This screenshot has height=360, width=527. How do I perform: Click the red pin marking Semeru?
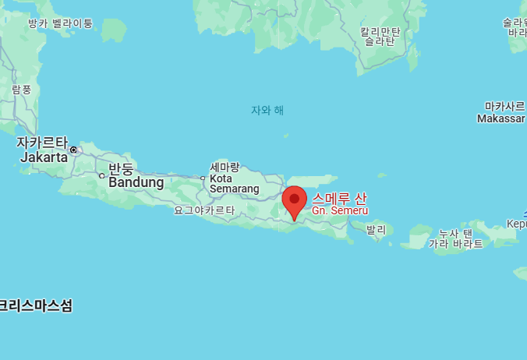tap(294, 200)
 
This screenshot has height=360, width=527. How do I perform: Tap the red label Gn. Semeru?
tap(340, 211)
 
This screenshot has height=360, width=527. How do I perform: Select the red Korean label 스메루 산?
tap(339, 198)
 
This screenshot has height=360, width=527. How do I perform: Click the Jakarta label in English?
tap(39, 157)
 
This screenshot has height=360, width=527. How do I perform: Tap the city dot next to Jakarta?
tap(74, 150)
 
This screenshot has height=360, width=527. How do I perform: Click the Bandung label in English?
tap(136, 182)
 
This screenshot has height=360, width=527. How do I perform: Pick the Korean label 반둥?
tap(121, 169)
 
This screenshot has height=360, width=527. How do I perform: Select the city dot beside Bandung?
tap(101, 175)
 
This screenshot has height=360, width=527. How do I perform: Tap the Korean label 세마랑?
tap(225, 167)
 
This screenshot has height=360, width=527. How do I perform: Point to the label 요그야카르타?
tap(204, 210)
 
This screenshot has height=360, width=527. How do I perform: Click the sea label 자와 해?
tap(267, 110)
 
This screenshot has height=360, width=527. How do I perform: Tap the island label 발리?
tap(376, 230)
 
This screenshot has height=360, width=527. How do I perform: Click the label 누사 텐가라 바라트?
tap(456, 238)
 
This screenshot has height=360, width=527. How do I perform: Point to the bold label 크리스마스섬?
tap(36, 305)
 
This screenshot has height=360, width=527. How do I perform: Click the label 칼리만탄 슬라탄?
tap(380, 37)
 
